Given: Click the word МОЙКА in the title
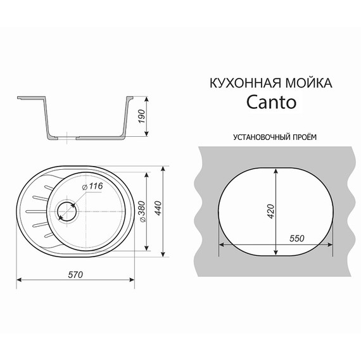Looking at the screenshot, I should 307,83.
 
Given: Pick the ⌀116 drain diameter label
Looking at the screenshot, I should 93,186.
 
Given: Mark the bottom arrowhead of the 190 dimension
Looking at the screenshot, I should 148,133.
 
